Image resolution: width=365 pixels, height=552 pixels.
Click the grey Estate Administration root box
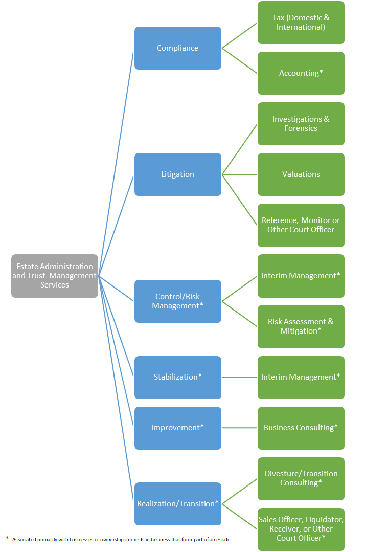click(55, 276)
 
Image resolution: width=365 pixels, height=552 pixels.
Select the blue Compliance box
click(177, 48)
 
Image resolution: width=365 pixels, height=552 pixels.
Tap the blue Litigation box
click(177, 174)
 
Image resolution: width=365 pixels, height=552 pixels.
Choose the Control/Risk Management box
click(177, 301)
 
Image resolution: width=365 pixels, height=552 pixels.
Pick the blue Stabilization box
click(177, 377)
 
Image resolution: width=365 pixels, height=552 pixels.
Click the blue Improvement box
click(177, 428)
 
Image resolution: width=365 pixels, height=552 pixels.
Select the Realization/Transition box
click(177, 503)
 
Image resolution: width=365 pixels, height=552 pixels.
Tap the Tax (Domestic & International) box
click(301, 23)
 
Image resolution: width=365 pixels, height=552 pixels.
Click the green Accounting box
click(301, 73)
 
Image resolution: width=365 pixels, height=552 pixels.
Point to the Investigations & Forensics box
click(301, 124)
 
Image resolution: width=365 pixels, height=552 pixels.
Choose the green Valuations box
click(301, 174)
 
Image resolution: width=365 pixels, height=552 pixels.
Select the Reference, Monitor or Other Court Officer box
click(301, 225)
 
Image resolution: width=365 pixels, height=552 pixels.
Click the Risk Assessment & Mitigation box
click(301, 326)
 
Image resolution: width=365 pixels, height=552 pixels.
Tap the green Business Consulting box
click(301, 428)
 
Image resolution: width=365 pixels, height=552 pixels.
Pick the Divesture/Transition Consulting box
click(301, 478)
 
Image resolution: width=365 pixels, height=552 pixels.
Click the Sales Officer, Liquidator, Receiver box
click(301, 529)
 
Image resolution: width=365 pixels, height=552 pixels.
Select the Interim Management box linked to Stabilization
click(301, 377)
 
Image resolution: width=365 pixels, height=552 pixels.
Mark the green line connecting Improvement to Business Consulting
click(239, 428)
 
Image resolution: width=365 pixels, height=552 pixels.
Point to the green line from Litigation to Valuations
click(239, 174)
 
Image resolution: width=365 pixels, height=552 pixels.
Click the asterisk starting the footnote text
click(7, 538)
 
